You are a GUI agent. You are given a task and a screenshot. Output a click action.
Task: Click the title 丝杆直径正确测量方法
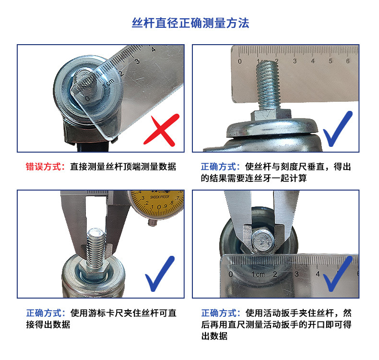(190, 23)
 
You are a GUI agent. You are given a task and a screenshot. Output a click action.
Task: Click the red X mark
(162, 130)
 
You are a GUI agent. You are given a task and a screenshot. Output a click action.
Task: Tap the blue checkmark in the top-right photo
(338, 129)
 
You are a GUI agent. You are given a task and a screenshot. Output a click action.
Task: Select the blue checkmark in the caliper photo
(160, 274)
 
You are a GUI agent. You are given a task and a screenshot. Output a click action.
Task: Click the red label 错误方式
(44, 167)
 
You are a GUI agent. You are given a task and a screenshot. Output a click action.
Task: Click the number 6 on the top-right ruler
(348, 61)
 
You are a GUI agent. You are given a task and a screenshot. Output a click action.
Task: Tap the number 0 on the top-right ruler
(239, 61)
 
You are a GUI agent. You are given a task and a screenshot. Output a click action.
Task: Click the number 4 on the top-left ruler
(153, 49)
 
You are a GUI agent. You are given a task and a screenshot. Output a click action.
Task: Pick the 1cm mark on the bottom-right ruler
(258, 275)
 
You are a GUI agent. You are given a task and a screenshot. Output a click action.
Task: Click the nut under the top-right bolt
(271, 115)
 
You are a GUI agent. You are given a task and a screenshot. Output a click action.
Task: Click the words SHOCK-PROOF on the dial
(160, 197)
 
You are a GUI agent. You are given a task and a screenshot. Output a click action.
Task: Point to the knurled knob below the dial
(152, 222)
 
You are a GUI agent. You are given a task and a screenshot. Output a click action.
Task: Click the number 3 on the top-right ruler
(295, 61)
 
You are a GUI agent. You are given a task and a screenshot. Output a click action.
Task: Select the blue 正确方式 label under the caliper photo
(44, 313)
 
